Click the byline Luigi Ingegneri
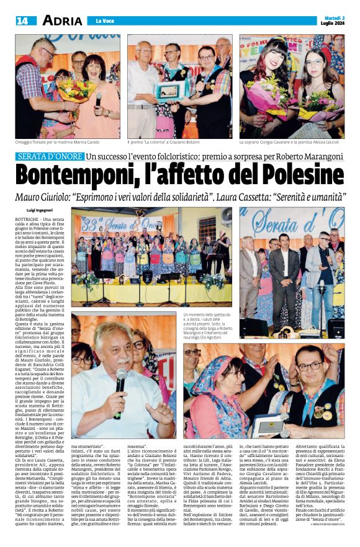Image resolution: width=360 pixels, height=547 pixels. click(39, 211)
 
